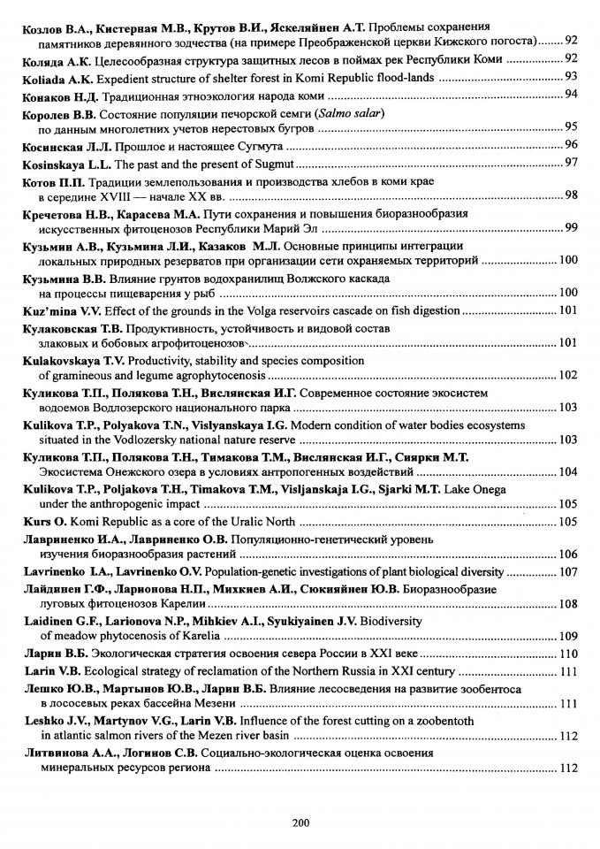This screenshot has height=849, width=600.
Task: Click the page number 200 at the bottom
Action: [x=300, y=822]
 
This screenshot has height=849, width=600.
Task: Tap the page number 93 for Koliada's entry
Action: [x=571, y=77]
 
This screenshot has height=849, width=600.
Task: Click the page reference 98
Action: [x=571, y=195]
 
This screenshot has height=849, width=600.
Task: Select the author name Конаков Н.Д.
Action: [x=60, y=95]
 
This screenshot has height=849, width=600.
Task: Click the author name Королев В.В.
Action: [x=59, y=113]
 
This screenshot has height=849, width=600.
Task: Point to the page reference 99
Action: [x=571, y=228]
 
